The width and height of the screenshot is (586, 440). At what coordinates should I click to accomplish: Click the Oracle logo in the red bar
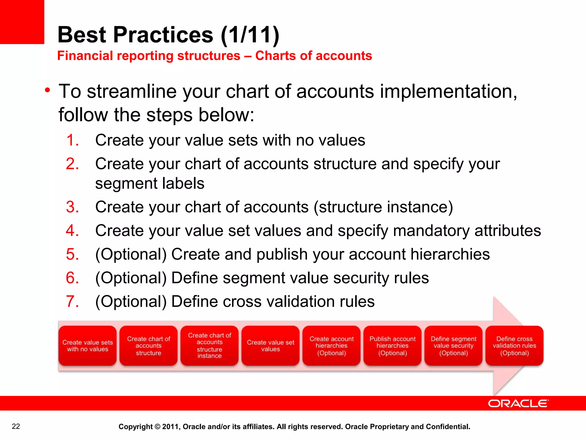[518, 403]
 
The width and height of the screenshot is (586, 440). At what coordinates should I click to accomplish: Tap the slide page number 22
[16, 426]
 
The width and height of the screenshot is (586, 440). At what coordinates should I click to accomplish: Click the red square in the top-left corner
[22, 22]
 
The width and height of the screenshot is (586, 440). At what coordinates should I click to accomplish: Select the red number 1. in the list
[72, 140]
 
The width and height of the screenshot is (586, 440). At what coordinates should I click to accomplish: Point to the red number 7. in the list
[72, 302]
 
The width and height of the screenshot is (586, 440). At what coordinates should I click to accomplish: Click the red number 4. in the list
[72, 231]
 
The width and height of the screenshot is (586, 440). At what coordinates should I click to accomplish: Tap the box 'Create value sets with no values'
[88, 346]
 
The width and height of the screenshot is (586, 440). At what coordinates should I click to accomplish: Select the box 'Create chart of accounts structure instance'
[209, 346]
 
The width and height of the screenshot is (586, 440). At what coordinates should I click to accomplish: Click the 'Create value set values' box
[270, 346]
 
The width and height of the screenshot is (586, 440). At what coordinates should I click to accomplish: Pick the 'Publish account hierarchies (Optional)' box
[392, 346]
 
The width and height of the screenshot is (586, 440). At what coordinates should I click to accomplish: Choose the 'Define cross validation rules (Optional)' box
[514, 346]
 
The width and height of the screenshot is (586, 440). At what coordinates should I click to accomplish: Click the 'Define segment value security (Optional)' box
[453, 346]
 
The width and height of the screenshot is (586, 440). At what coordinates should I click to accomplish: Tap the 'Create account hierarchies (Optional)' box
[331, 346]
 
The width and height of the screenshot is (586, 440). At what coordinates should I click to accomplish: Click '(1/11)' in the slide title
[250, 35]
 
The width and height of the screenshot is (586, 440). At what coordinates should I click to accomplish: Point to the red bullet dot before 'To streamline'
[47, 91]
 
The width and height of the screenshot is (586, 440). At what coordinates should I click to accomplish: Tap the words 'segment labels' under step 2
[150, 183]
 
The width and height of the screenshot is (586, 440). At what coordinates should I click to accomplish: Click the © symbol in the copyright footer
[157, 427]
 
